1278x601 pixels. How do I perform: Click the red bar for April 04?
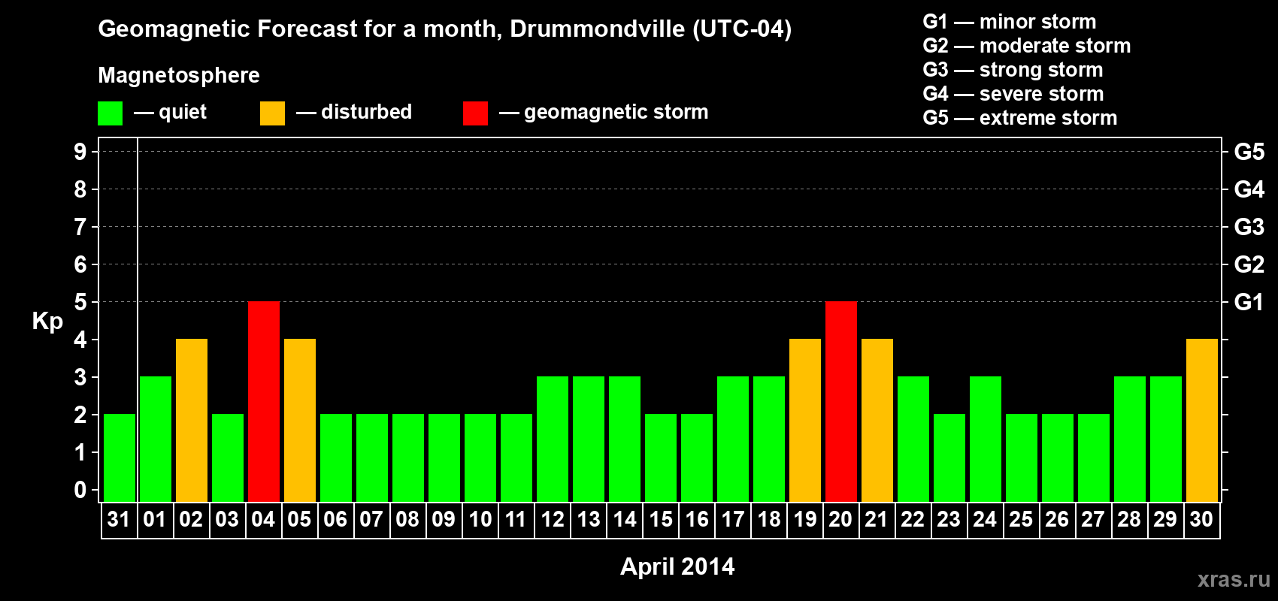click(264, 401)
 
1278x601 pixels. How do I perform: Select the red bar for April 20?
click(840, 401)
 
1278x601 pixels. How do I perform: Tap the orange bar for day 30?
click(1201, 420)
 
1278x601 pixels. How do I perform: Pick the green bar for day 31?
click(120, 458)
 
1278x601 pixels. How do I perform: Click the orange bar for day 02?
click(192, 420)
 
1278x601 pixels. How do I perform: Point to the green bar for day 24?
click(985, 439)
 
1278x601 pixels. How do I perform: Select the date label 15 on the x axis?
click(661, 519)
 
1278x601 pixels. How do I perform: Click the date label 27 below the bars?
click(1093, 519)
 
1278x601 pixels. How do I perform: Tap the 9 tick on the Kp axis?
click(80, 152)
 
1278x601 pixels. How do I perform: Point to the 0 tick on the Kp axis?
click(80, 490)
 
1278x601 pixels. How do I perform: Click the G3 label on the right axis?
click(1249, 227)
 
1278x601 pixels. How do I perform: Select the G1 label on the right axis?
click(1249, 302)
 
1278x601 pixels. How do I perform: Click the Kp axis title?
click(47, 321)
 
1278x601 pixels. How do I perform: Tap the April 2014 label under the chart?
click(677, 566)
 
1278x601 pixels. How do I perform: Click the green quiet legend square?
click(111, 113)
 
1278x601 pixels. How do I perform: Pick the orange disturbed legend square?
click(272, 113)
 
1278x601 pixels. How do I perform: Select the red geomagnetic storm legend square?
click(475, 113)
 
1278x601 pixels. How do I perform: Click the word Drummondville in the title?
click(597, 29)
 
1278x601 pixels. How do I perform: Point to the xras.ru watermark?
click(1234, 578)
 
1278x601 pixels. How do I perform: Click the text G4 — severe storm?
click(1013, 94)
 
